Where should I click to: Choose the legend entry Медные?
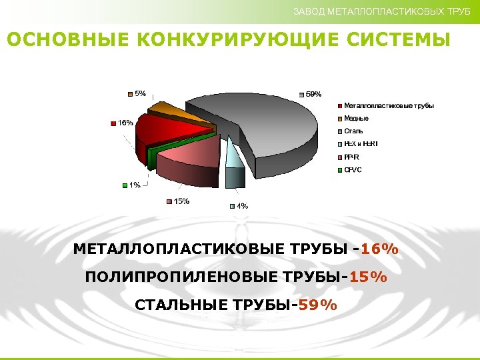tap(357, 119)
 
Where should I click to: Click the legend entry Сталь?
tap(354, 131)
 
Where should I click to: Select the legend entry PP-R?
tap(352, 157)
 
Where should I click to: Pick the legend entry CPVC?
tap(353, 170)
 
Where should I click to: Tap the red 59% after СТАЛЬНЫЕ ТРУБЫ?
tap(318, 305)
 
